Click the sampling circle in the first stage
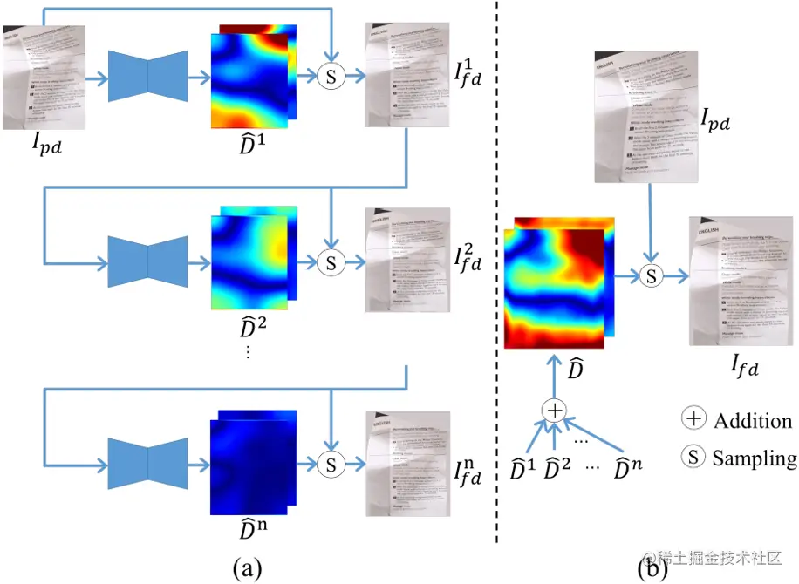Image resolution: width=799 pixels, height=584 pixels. pyautogui.click(x=330, y=77)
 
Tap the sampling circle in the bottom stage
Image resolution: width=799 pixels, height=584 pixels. pyautogui.click(x=330, y=463)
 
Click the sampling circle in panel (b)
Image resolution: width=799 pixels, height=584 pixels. pyautogui.click(x=650, y=275)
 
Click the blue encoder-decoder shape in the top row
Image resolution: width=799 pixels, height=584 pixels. pyautogui.click(x=148, y=77)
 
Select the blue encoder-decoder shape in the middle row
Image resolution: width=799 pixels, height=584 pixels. pyautogui.click(x=148, y=260)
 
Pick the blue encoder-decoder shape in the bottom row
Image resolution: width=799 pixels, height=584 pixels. pyautogui.click(x=148, y=463)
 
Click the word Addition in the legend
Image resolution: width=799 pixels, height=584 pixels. pyautogui.click(x=753, y=421)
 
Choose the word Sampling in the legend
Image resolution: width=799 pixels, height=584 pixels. pyautogui.click(x=754, y=458)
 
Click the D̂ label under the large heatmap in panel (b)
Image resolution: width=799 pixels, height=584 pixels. pyautogui.click(x=575, y=369)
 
